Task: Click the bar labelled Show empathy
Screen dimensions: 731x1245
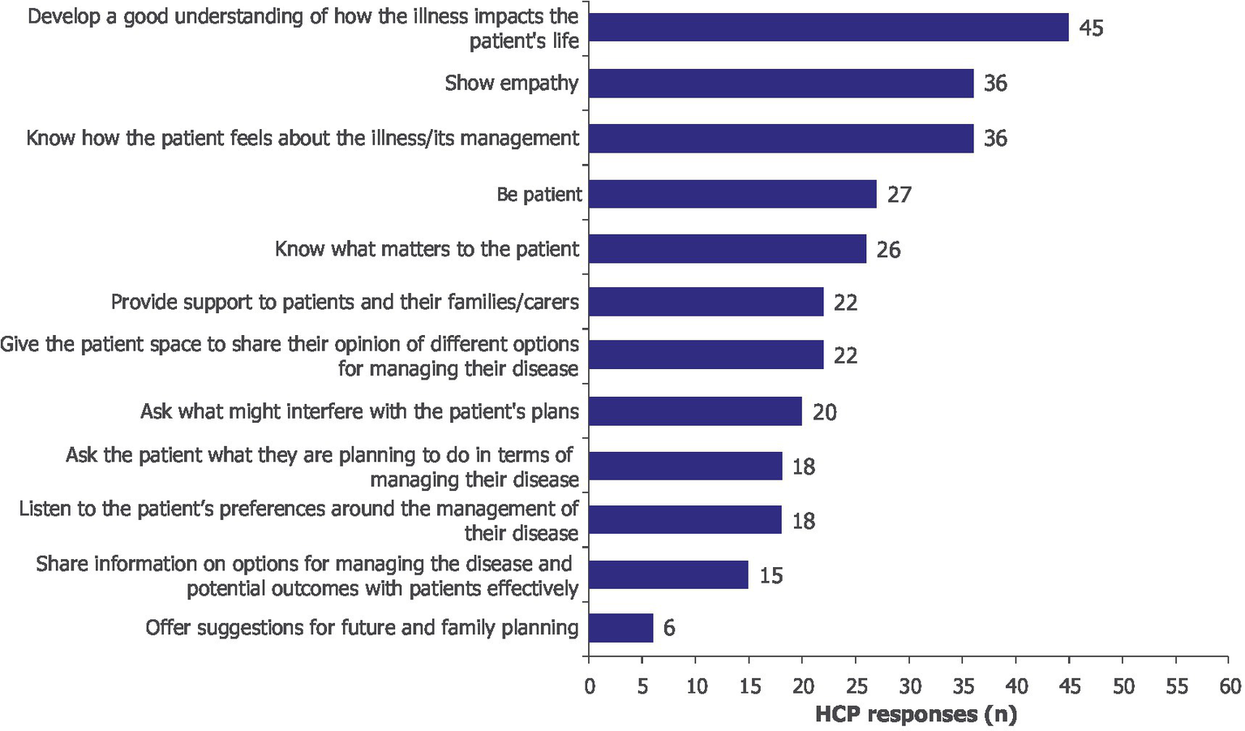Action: coord(780,83)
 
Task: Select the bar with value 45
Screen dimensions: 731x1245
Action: coord(828,28)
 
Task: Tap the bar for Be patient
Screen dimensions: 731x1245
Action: coord(732,194)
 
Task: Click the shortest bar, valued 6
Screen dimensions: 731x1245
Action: coord(620,628)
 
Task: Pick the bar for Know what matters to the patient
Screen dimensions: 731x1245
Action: coord(727,249)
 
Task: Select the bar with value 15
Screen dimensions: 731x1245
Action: coord(668,574)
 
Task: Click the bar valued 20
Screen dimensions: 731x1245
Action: coord(695,411)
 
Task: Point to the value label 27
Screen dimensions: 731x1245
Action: coord(899,195)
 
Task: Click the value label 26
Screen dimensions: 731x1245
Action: coord(888,250)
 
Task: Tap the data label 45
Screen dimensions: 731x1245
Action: coord(1091,28)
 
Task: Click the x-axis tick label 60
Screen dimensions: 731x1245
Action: coord(1230,686)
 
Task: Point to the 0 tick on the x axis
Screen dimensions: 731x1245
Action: coord(590,686)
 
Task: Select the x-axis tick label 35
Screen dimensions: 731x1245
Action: coord(963,686)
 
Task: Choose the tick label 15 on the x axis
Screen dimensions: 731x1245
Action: coord(749,686)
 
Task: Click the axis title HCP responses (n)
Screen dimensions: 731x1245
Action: coord(915,715)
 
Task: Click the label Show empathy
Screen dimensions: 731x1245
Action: coord(511,83)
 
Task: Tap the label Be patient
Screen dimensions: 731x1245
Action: coord(539,195)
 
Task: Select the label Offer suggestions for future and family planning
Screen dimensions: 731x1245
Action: coord(362,627)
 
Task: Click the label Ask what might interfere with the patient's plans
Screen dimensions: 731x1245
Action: coord(359,411)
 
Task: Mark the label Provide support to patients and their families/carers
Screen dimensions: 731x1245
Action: coord(345,303)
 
